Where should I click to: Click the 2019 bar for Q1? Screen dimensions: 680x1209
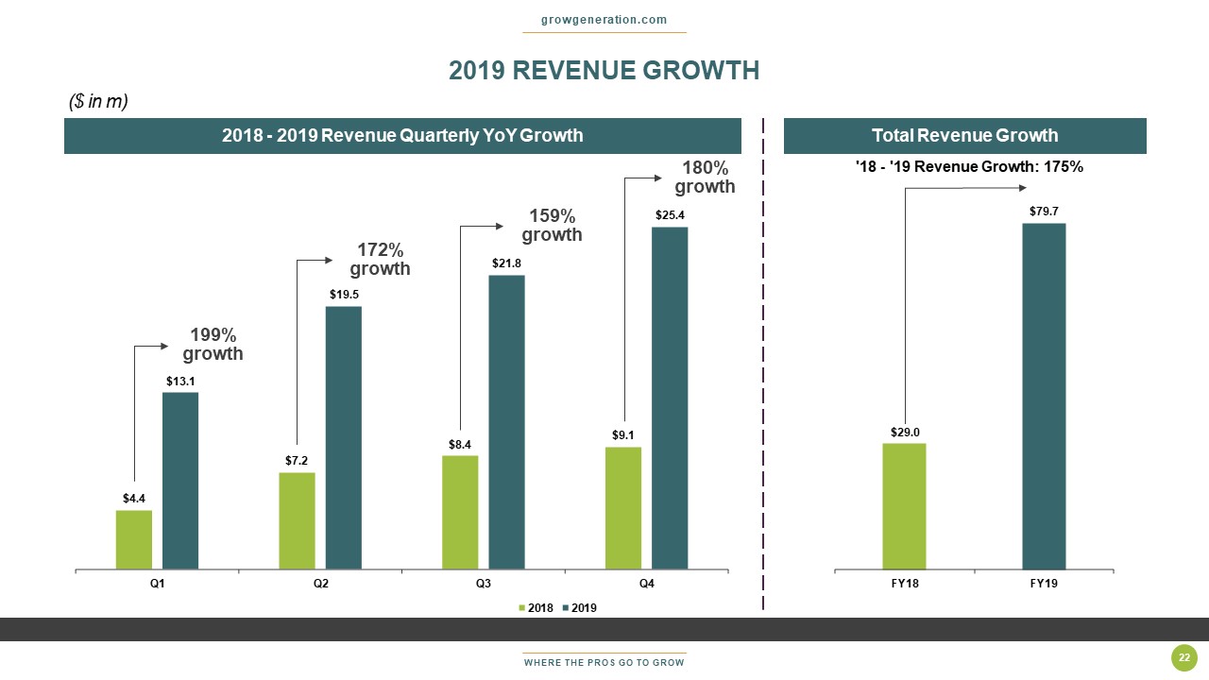point(180,481)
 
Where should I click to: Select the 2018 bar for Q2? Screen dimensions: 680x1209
point(297,520)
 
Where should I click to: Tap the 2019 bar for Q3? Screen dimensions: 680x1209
point(506,422)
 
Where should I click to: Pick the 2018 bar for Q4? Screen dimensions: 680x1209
point(623,508)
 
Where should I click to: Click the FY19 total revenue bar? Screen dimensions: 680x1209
point(1044,396)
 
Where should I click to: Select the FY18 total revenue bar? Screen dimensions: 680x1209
point(904,506)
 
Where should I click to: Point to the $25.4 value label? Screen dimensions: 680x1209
point(670,216)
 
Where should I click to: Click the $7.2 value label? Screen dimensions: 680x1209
point(297,461)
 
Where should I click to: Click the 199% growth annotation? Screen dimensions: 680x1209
point(213,345)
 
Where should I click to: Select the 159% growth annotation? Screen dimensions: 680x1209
point(552,225)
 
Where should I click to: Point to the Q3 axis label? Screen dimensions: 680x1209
point(484,584)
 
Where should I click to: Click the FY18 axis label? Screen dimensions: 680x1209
point(904,584)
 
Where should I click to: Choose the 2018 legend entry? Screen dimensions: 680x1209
point(536,608)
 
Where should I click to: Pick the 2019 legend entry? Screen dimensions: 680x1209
point(580,608)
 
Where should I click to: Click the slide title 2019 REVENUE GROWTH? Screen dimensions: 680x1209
point(604,71)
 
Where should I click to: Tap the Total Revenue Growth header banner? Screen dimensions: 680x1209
point(964,135)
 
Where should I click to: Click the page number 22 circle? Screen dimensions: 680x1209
point(1183,657)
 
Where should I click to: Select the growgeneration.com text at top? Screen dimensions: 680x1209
point(604,20)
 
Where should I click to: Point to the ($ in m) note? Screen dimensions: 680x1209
point(99,101)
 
